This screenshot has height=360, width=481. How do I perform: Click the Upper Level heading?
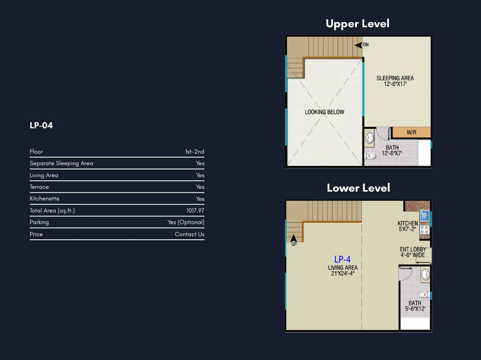click(x=358, y=24)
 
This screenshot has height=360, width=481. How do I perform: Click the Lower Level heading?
click(x=358, y=188)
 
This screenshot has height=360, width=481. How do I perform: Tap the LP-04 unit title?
click(x=41, y=125)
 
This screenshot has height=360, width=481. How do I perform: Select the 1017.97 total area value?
click(x=195, y=210)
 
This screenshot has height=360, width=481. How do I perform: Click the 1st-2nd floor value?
click(x=194, y=152)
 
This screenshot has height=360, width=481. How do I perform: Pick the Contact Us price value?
click(x=190, y=234)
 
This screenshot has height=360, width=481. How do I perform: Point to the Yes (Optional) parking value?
click(x=186, y=222)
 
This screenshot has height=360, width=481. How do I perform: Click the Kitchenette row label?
click(x=44, y=198)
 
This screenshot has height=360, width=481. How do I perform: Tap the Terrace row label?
click(x=39, y=187)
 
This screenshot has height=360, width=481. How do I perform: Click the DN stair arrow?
click(x=358, y=45)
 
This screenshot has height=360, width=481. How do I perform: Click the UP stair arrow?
click(x=293, y=238)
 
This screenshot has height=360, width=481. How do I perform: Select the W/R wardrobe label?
click(x=411, y=132)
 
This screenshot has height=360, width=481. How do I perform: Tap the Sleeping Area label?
click(x=395, y=81)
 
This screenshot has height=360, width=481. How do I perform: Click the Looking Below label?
click(x=324, y=112)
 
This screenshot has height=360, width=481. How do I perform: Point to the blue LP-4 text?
click(x=342, y=259)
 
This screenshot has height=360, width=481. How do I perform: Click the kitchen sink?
click(x=424, y=216)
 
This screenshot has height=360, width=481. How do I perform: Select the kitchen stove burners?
click(x=424, y=230)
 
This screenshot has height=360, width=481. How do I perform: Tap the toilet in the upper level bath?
click(x=370, y=156)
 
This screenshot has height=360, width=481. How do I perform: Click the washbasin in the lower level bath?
click(x=425, y=275)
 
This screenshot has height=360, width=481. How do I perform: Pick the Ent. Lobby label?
click(x=413, y=252)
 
